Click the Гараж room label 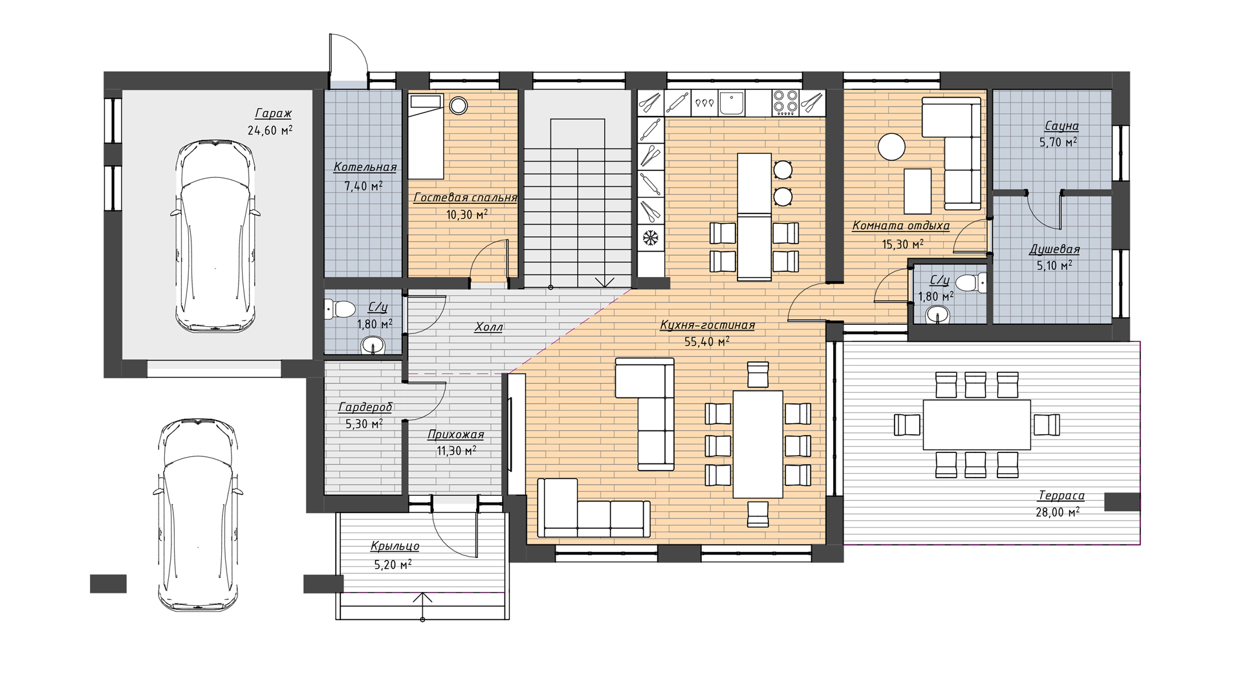[x=273, y=114]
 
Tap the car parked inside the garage [x=215, y=236]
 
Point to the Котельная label [x=365, y=168]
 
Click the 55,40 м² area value [x=707, y=341]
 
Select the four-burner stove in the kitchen [x=785, y=103]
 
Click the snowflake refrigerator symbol [x=649, y=239]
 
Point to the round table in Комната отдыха [x=891, y=146]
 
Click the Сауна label [x=1062, y=126]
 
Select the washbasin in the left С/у [x=373, y=345]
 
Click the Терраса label [x=1061, y=496]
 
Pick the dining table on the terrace [x=977, y=425]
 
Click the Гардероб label [x=365, y=408]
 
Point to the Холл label [x=488, y=327]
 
